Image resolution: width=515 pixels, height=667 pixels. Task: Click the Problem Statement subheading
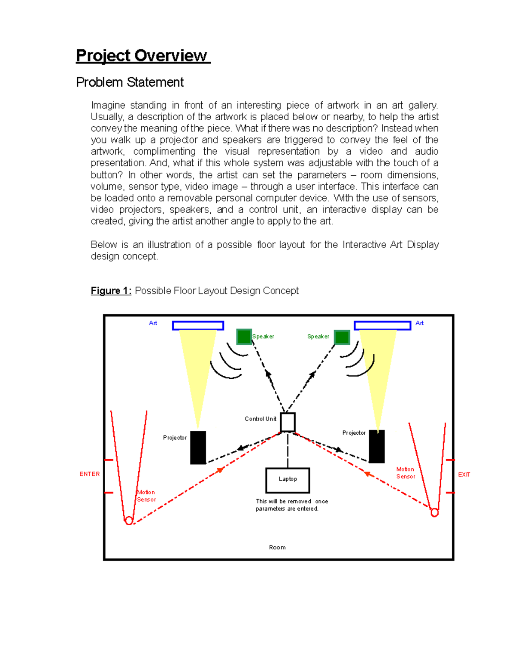[130, 82]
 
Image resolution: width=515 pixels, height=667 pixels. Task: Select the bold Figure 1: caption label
[111, 291]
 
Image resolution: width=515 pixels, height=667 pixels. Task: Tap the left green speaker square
[244, 337]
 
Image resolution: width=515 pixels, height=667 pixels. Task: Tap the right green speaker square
[342, 337]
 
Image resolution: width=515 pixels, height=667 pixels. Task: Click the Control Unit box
[288, 422]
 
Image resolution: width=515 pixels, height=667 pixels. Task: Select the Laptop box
[288, 480]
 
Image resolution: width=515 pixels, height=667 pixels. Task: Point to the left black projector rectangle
[198, 448]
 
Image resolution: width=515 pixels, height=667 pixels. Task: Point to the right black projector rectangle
[376, 447]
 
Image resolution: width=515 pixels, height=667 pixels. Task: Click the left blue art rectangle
[198, 326]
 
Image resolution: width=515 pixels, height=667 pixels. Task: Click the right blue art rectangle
[382, 326]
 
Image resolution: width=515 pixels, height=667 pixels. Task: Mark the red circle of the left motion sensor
[129, 521]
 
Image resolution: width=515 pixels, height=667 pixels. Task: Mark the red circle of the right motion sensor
[434, 512]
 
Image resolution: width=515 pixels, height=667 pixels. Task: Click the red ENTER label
[89, 474]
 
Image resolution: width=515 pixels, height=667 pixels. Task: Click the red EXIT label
[464, 475]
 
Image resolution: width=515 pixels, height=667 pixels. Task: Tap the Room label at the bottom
[277, 547]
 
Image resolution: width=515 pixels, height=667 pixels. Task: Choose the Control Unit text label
[261, 419]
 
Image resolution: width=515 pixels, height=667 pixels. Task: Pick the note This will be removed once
[292, 501]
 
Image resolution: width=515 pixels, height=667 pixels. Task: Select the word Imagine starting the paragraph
[108, 105]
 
